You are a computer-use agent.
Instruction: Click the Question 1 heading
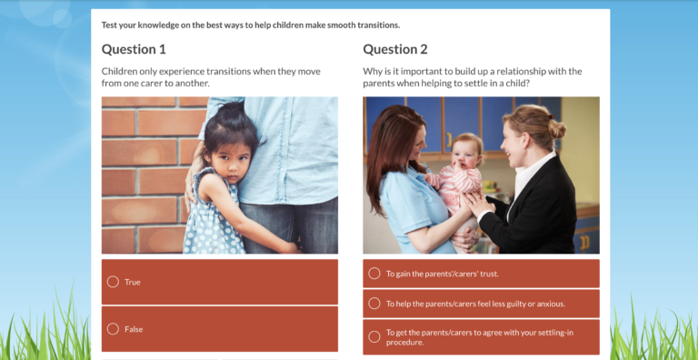[x=134, y=49]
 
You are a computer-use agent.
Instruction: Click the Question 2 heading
[x=395, y=49]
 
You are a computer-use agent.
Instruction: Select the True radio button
[x=113, y=282]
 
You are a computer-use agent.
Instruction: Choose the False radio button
[x=113, y=329]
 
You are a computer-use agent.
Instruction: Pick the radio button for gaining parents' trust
[x=374, y=274]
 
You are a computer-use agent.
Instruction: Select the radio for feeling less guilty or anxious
[x=374, y=304]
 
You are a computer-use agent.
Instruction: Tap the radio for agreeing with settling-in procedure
[x=374, y=337]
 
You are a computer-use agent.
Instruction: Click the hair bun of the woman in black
[x=556, y=130]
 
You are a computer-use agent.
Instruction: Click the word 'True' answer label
[x=133, y=282]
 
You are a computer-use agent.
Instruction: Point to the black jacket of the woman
[x=545, y=209]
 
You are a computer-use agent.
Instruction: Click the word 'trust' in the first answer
[x=488, y=274]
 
